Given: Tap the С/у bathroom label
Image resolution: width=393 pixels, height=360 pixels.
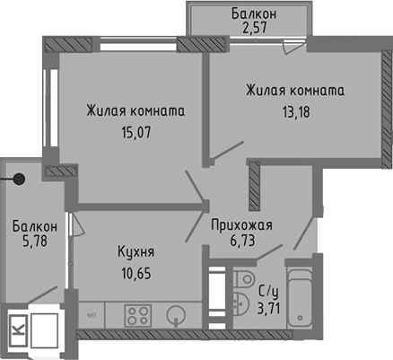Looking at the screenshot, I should pos(267,290).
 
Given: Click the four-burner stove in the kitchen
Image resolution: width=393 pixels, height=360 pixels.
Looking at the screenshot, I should pos(137,314).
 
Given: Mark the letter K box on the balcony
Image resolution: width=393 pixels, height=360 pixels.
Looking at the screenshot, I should pos(16,329).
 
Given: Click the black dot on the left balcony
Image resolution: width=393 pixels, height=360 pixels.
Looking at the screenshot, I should pos(19,179).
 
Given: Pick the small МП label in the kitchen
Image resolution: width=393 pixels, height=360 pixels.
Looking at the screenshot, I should pos(92,314).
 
